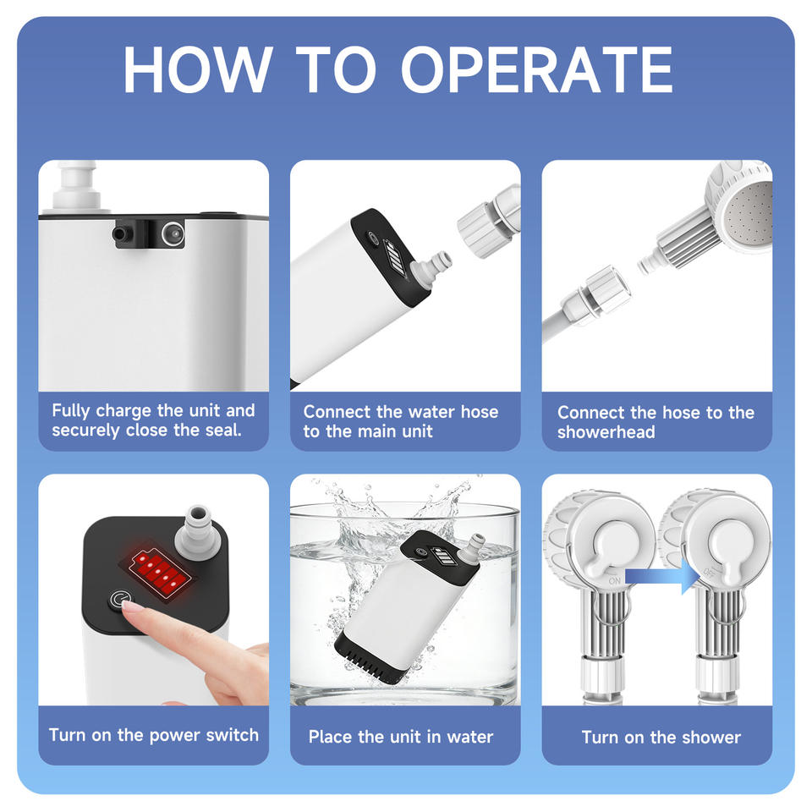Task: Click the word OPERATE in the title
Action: (x=537, y=69)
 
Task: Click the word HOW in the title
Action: (x=197, y=69)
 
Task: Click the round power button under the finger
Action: (x=118, y=601)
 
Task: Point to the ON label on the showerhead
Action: (x=615, y=580)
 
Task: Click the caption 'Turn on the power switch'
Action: (x=154, y=735)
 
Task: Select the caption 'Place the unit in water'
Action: (x=401, y=737)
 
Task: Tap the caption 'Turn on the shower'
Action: (x=661, y=737)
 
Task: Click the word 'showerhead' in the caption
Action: (x=606, y=432)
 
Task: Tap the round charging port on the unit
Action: (x=173, y=234)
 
